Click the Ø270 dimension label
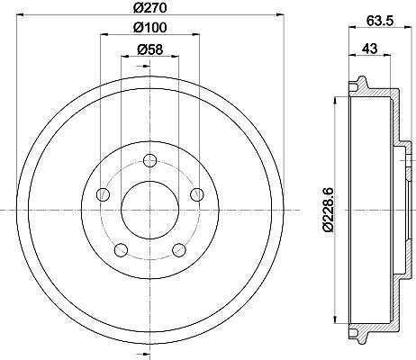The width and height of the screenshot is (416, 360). coord(149,8)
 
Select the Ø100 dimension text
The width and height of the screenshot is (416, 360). coord(149,28)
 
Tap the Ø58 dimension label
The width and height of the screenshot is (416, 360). coord(149,49)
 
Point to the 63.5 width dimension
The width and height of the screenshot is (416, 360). coord(379,21)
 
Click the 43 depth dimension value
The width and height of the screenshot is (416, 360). coord(369,49)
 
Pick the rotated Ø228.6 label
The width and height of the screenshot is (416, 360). coord(328,210)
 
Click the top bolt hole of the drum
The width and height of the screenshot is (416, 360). coord(149,160)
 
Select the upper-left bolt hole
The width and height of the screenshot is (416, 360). coord(103,194)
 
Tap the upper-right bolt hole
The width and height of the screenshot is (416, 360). coord(197,194)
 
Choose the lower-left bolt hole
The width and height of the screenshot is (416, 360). coord(121,250)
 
